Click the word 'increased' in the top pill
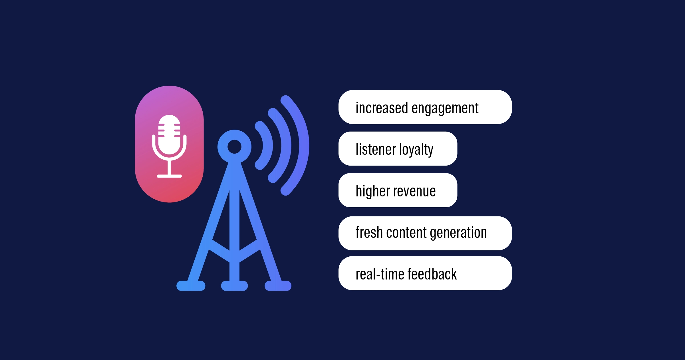(x=382, y=108)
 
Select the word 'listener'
(x=376, y=149)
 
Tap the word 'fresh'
(x=369, y=232)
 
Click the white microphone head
(x=169, y=134)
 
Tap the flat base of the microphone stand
(x=169, y=176)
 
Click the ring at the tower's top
(x=234, y=147)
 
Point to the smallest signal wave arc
(x=268, y=146)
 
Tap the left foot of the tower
(x=191, y=286)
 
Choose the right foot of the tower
(x=278, y=286)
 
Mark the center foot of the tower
(x=234, y=286)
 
